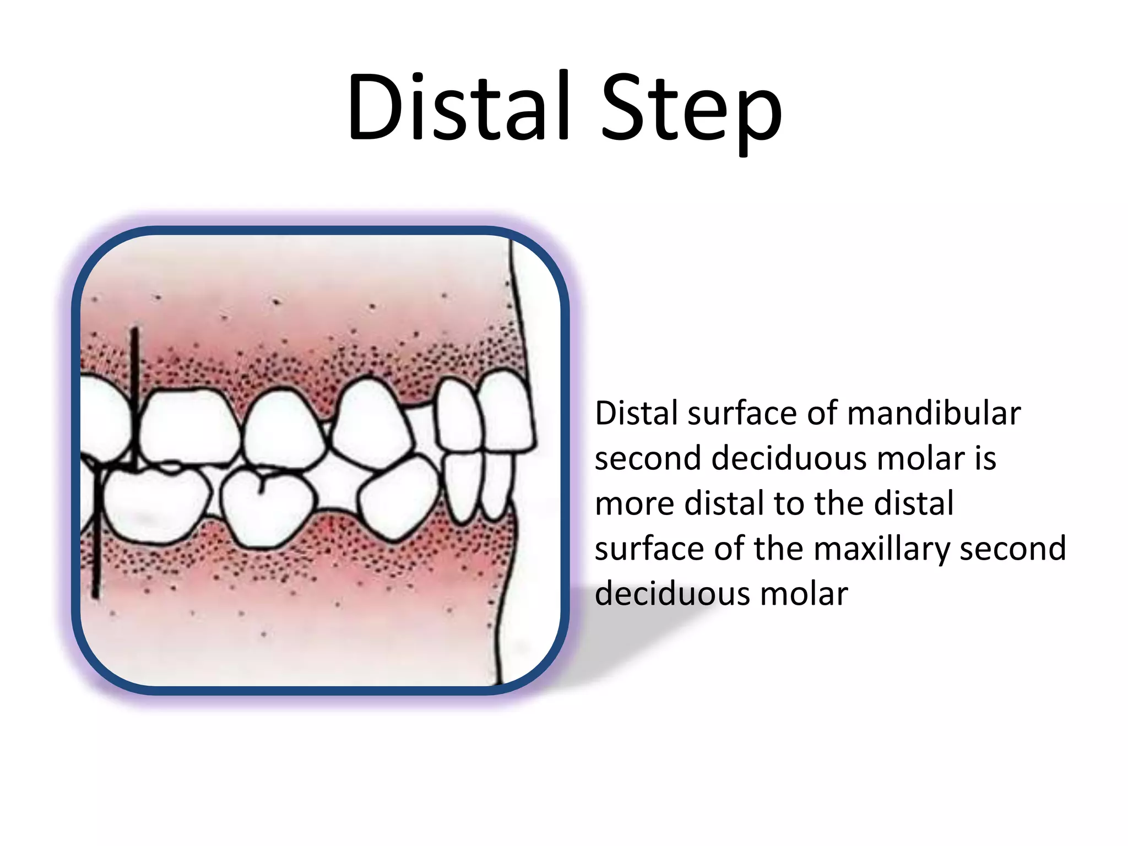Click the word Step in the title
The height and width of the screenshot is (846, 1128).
click(691, 110)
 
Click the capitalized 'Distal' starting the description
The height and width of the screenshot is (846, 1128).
click(636, 414)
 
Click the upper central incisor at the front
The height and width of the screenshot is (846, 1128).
click(504, 410)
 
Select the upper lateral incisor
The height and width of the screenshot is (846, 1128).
click(457, 416)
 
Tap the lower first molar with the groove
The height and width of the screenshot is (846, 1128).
click(267, 507)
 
